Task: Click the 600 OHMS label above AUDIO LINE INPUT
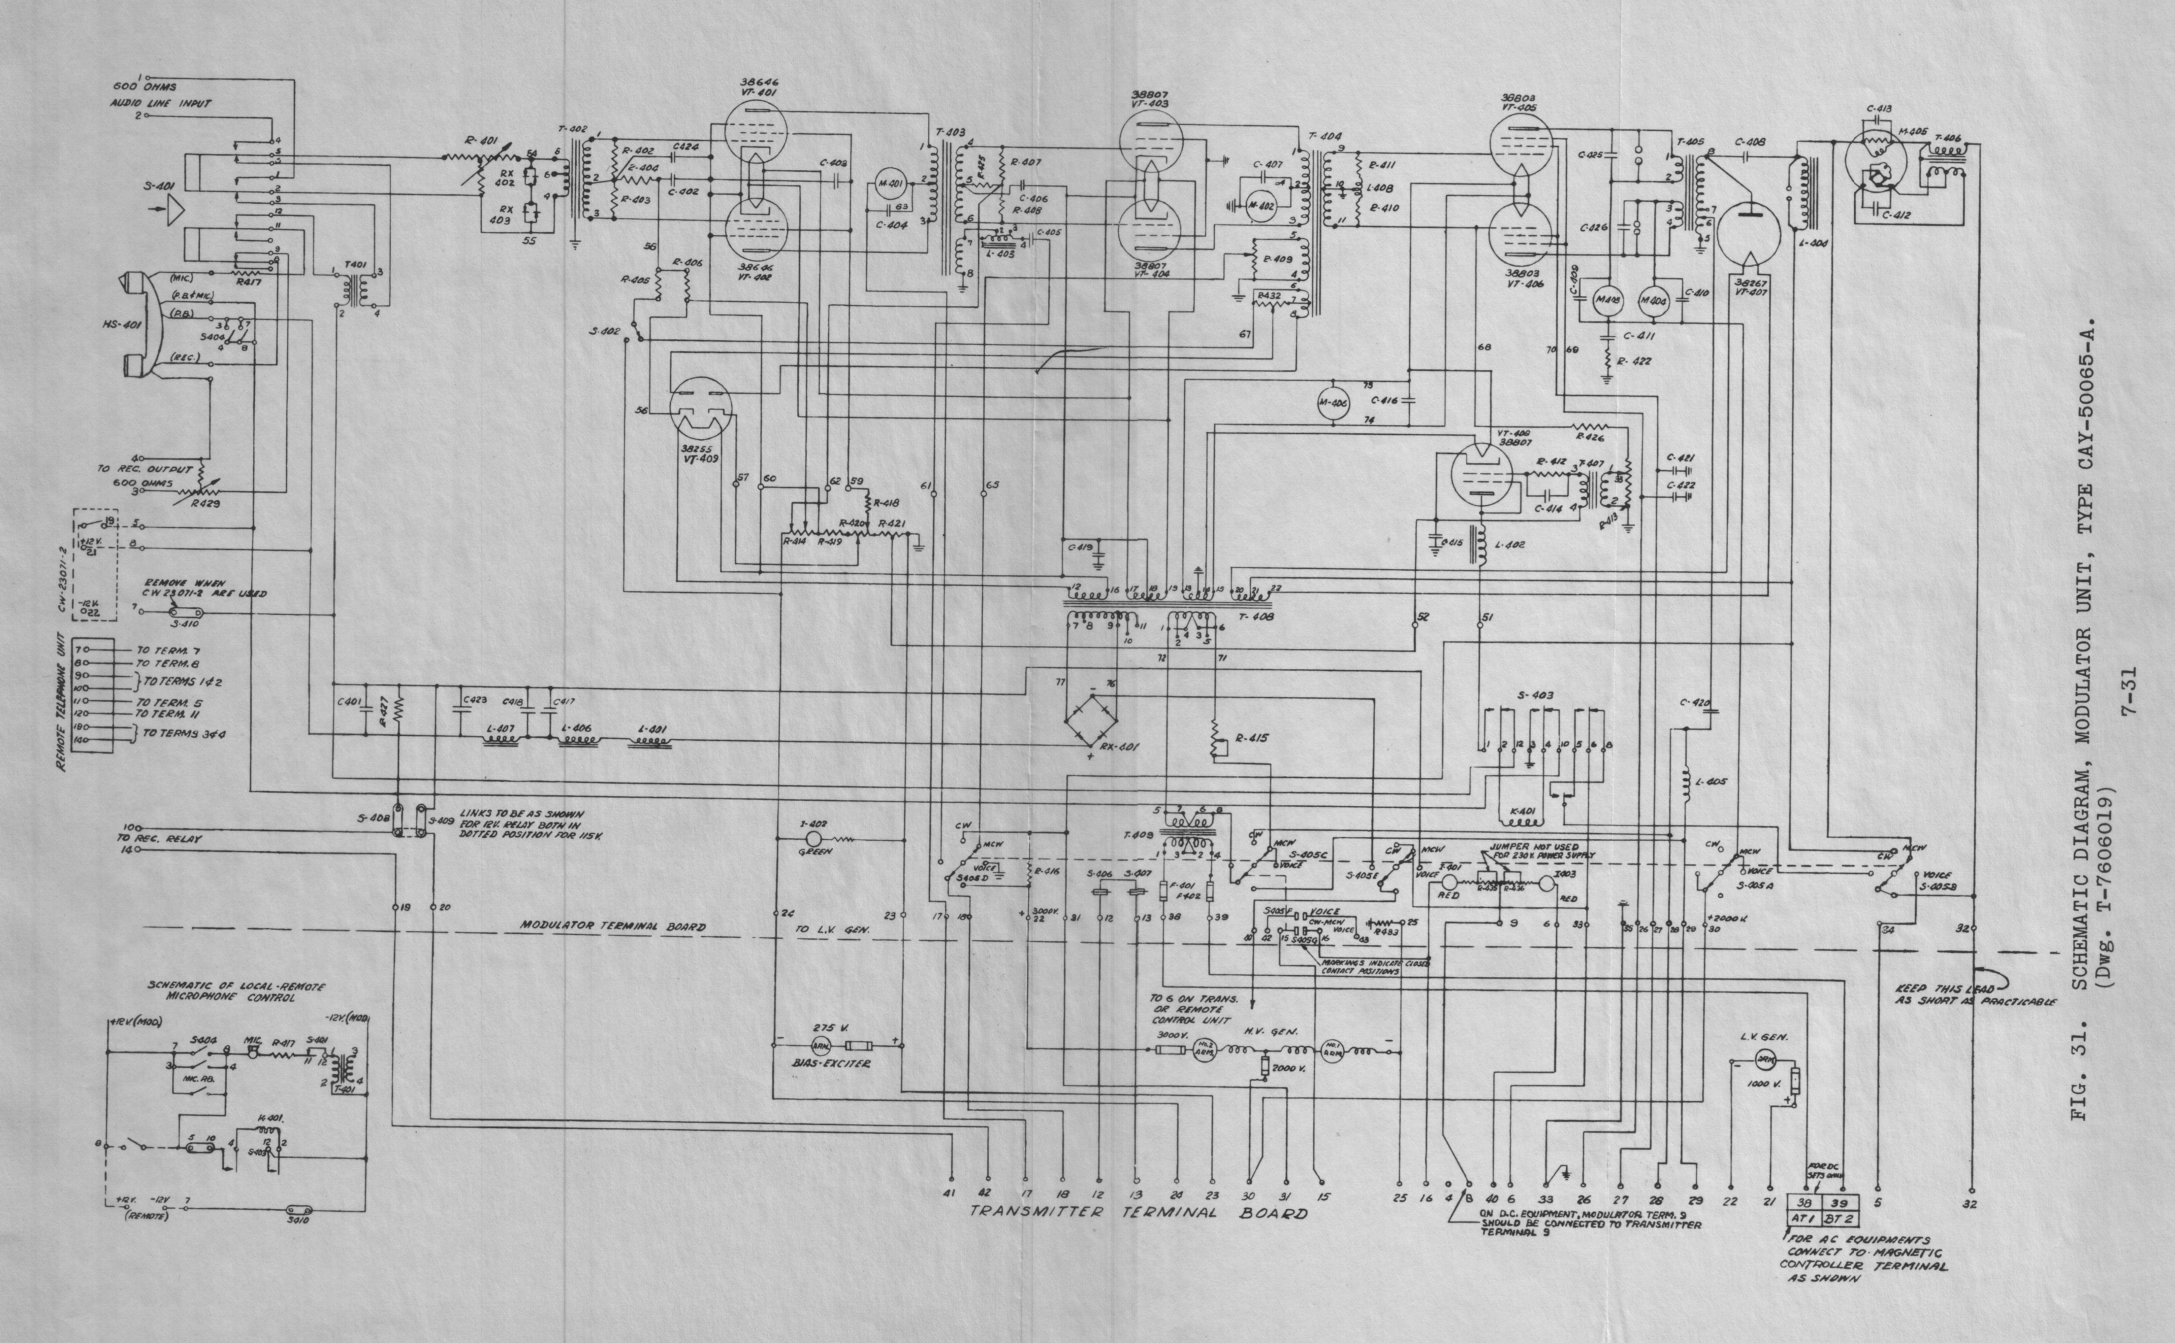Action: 145,87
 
